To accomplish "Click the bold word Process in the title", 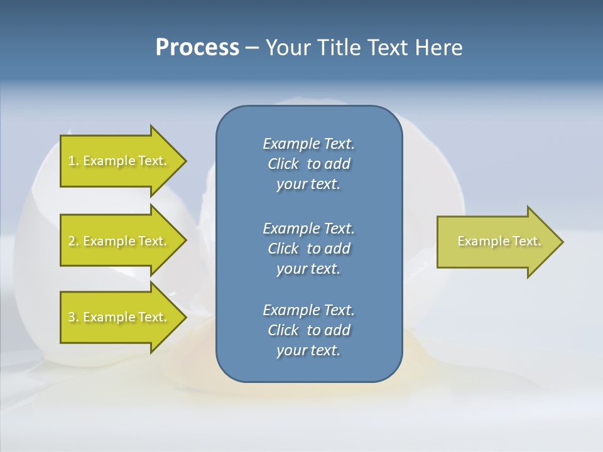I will pos(197,48).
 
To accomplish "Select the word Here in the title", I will pos(438,48).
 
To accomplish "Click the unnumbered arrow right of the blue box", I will pos(496,242).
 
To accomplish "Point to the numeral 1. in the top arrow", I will pos(73,161).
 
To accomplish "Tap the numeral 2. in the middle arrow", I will pos(73,241).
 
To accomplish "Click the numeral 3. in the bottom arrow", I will pos(73,317).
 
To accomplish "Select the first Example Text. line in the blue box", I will pos(308,144).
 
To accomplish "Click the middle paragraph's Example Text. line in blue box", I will pos(308,229).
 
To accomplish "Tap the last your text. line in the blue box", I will pos(308,351).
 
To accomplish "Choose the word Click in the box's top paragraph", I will pos(283,164).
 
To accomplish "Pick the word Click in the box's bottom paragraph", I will pos(283,330).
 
